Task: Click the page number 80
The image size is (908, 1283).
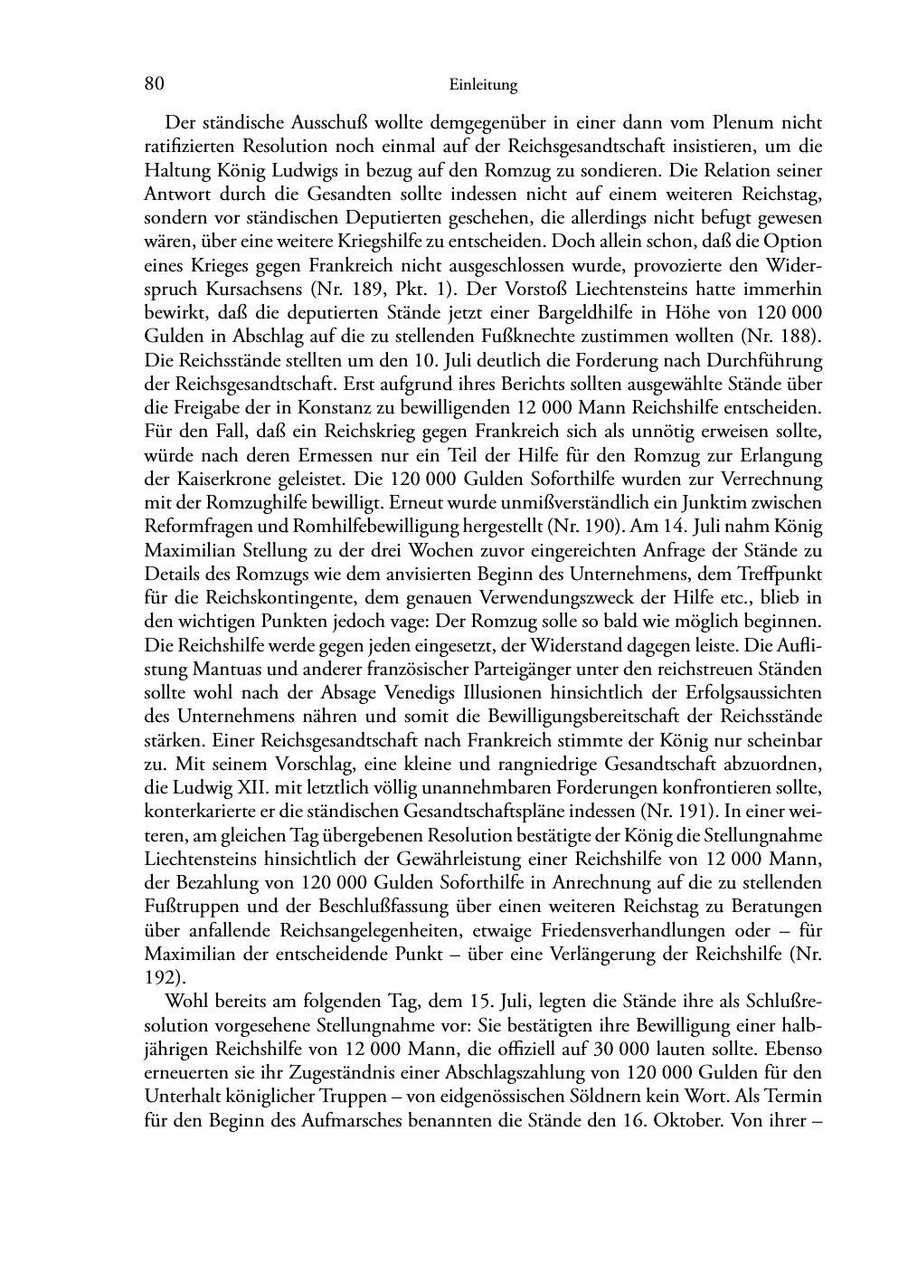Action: click(154, 84)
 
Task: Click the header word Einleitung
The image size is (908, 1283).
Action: click(483, 86)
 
